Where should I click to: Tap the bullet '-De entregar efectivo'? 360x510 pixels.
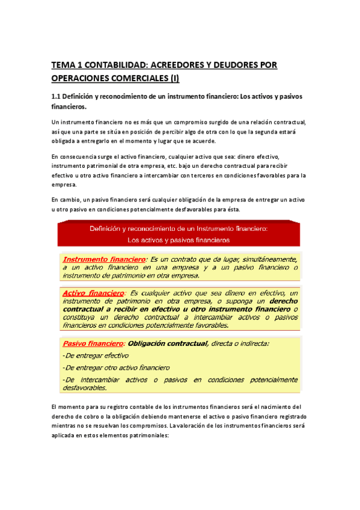(x=94, y=355)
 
